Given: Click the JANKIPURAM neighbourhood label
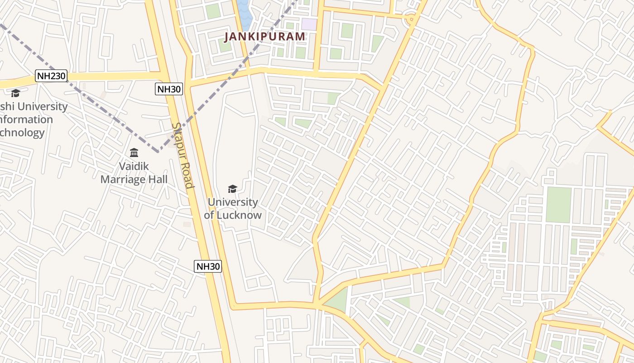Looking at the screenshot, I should tap(265, 37).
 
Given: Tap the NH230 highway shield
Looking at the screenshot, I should tap(51, 76).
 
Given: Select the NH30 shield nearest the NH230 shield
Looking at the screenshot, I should tap(169, 89).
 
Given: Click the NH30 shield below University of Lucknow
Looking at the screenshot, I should tap(208, 266).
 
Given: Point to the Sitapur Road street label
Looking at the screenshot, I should tap(183, 155).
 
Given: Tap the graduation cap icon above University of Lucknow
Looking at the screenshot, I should tap(232, 189).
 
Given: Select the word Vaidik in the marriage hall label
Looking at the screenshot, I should tap(134, 166).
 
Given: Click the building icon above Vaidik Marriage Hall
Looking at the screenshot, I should tap(134, 152).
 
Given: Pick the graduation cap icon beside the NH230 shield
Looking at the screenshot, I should tap(15, 93).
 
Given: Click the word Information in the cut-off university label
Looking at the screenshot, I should tap(26, 120).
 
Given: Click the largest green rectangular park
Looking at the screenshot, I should tap(558, 205).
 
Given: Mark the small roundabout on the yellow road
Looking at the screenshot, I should tap(411, 19).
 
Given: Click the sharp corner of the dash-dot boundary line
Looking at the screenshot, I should tap(158, 151).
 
